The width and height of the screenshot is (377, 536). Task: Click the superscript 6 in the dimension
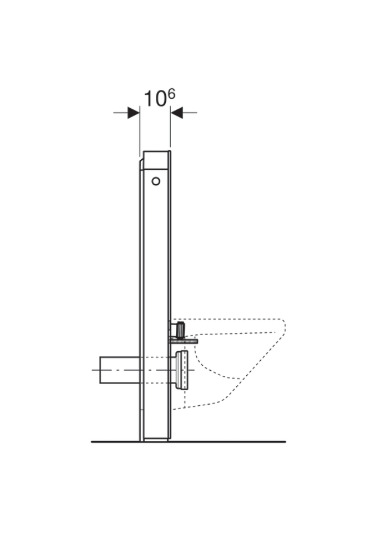click(x=171, y=94)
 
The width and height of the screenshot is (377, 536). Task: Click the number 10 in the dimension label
click(x=155, y=99)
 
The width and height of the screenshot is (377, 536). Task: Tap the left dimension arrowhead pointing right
click(x=133, y=112)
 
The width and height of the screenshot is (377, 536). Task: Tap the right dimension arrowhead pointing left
click(x=176, y=112)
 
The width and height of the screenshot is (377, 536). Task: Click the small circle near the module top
click(x=156, y=181)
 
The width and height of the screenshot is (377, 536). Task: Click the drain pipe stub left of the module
click(x=120, y=370)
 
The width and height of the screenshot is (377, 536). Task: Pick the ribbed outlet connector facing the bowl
click(x=182, y=370)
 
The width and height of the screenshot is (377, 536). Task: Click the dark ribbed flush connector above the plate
click(x=180, y=329)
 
